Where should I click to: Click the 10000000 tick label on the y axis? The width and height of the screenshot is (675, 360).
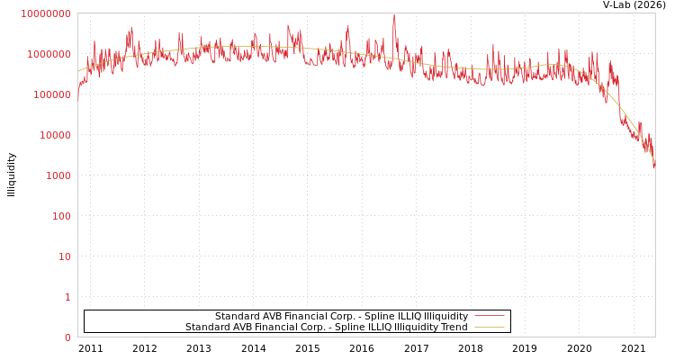click(45, 13)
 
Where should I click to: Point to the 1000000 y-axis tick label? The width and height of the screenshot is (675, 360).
click(48, 54)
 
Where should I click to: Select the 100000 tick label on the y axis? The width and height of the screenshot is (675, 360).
click(50, 94)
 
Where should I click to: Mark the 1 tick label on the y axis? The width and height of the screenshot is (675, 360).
click(67, 297)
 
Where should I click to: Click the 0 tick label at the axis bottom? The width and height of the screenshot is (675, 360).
click(67, 337)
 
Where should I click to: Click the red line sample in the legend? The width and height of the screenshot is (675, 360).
click(489, 316)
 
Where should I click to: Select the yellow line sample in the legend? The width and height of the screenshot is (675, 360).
click(489, 327)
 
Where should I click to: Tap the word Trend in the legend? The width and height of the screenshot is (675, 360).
click(453, 327)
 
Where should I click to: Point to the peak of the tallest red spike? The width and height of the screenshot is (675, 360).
click(393, 15)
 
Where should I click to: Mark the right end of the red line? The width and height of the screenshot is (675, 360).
click(654, 165)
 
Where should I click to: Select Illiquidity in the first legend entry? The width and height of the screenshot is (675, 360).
click(445, 316)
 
